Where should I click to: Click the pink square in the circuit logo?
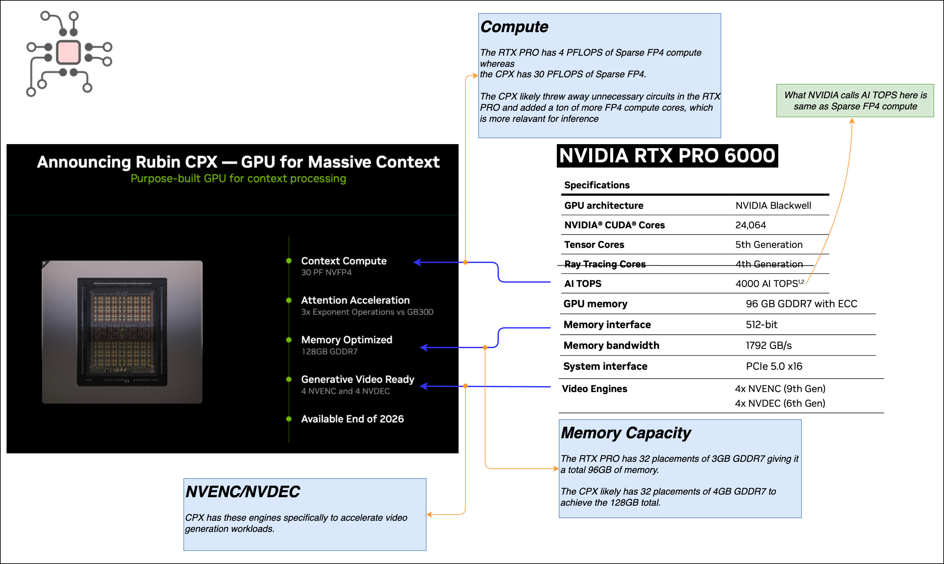pos(68,52)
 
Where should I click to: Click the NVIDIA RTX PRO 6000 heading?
pos(667,156)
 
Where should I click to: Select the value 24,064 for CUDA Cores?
pos(750,225)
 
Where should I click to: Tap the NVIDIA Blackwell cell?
pos(773,206)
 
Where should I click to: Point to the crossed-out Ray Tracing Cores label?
pos(605,264)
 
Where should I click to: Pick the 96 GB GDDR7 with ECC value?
pos(801,304)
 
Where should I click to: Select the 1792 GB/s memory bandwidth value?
pos(768,346)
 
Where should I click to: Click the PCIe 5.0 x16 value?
pos(774,367)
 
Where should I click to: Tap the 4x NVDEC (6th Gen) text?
pos(780,403)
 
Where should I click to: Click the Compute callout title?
pos(514,27)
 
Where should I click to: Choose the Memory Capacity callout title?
pos(626,433)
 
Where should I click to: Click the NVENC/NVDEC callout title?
pos(242,492)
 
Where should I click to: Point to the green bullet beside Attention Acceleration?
pos(289,301)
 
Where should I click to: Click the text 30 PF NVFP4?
pos(326,273)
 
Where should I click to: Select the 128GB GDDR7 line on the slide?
pos(329,351)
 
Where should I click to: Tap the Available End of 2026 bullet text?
pos(352,419)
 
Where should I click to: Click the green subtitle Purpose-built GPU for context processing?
pos(238,179)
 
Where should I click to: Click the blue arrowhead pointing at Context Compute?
pos(418,262)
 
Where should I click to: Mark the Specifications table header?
pos(597,185)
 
